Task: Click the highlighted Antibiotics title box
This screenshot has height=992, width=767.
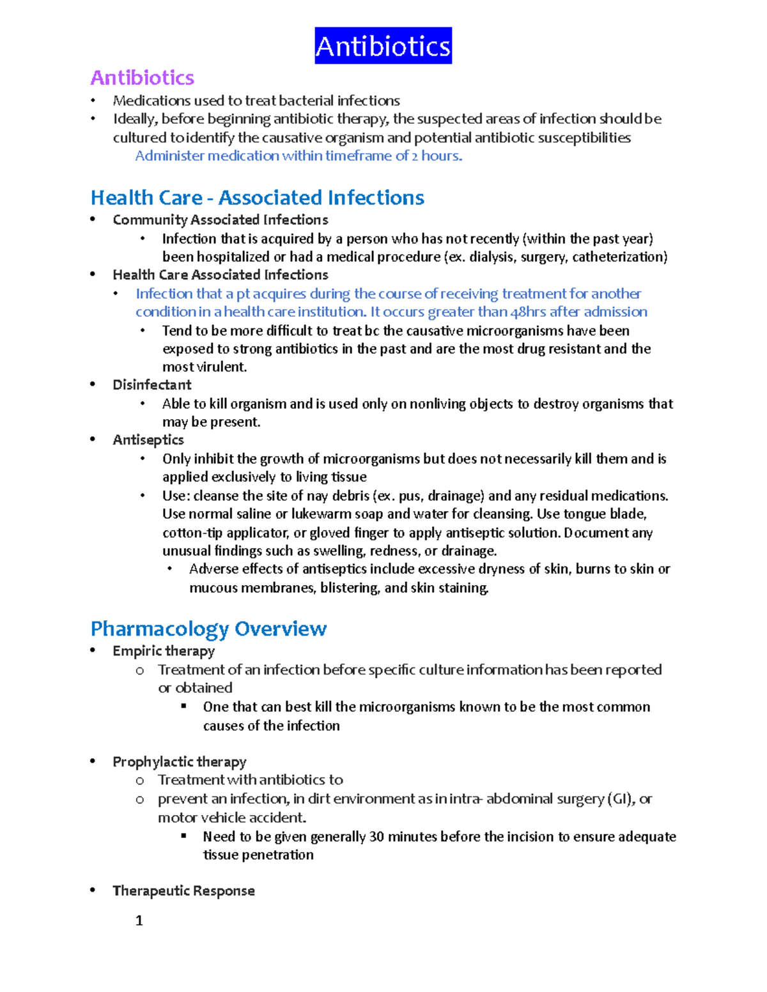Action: pos(383,46)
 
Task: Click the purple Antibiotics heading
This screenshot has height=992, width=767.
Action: pos(142,78)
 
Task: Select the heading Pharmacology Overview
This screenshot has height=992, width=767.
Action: pos(208,629)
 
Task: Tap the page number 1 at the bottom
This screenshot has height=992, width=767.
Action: pos(139,920)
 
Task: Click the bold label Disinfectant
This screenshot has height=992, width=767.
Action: pos(151,385)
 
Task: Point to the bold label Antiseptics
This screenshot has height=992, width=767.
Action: pos(148,439)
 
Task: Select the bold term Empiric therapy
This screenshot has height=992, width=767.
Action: pos(163,651)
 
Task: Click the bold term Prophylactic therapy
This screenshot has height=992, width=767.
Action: pos(179,761)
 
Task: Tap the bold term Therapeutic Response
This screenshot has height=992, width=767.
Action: pos(183,890)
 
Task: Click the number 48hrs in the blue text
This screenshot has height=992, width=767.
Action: pos(528,312)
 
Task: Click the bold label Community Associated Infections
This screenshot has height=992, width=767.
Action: pos(220,220)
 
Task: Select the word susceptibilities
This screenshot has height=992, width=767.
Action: pos(584,138)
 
